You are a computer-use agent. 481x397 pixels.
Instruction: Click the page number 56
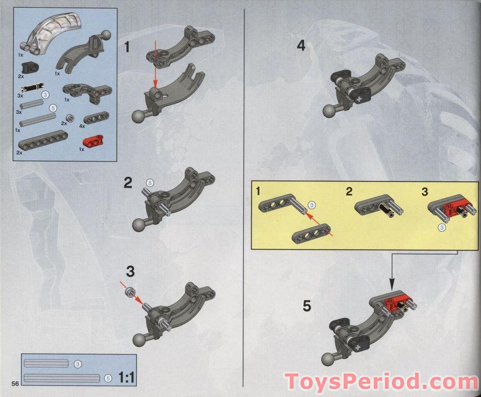tap(16, 383)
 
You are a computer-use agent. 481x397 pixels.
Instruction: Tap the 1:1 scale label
tap(127, 378)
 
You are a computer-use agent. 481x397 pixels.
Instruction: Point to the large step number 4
tap(301, 46)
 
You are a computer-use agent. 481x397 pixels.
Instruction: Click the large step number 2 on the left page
tap(128, 183)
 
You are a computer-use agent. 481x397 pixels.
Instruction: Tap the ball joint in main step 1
tap(138, 116)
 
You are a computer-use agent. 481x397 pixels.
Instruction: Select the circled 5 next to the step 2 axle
tap(149, 183)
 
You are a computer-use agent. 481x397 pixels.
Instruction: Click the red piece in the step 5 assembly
tap(397, 301)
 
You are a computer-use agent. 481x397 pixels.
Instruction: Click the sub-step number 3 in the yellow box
tap(425, 192)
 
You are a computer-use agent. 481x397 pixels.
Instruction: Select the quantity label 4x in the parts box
tap(82, 126)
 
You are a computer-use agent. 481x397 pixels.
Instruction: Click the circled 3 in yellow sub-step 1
tap(312, 205)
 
